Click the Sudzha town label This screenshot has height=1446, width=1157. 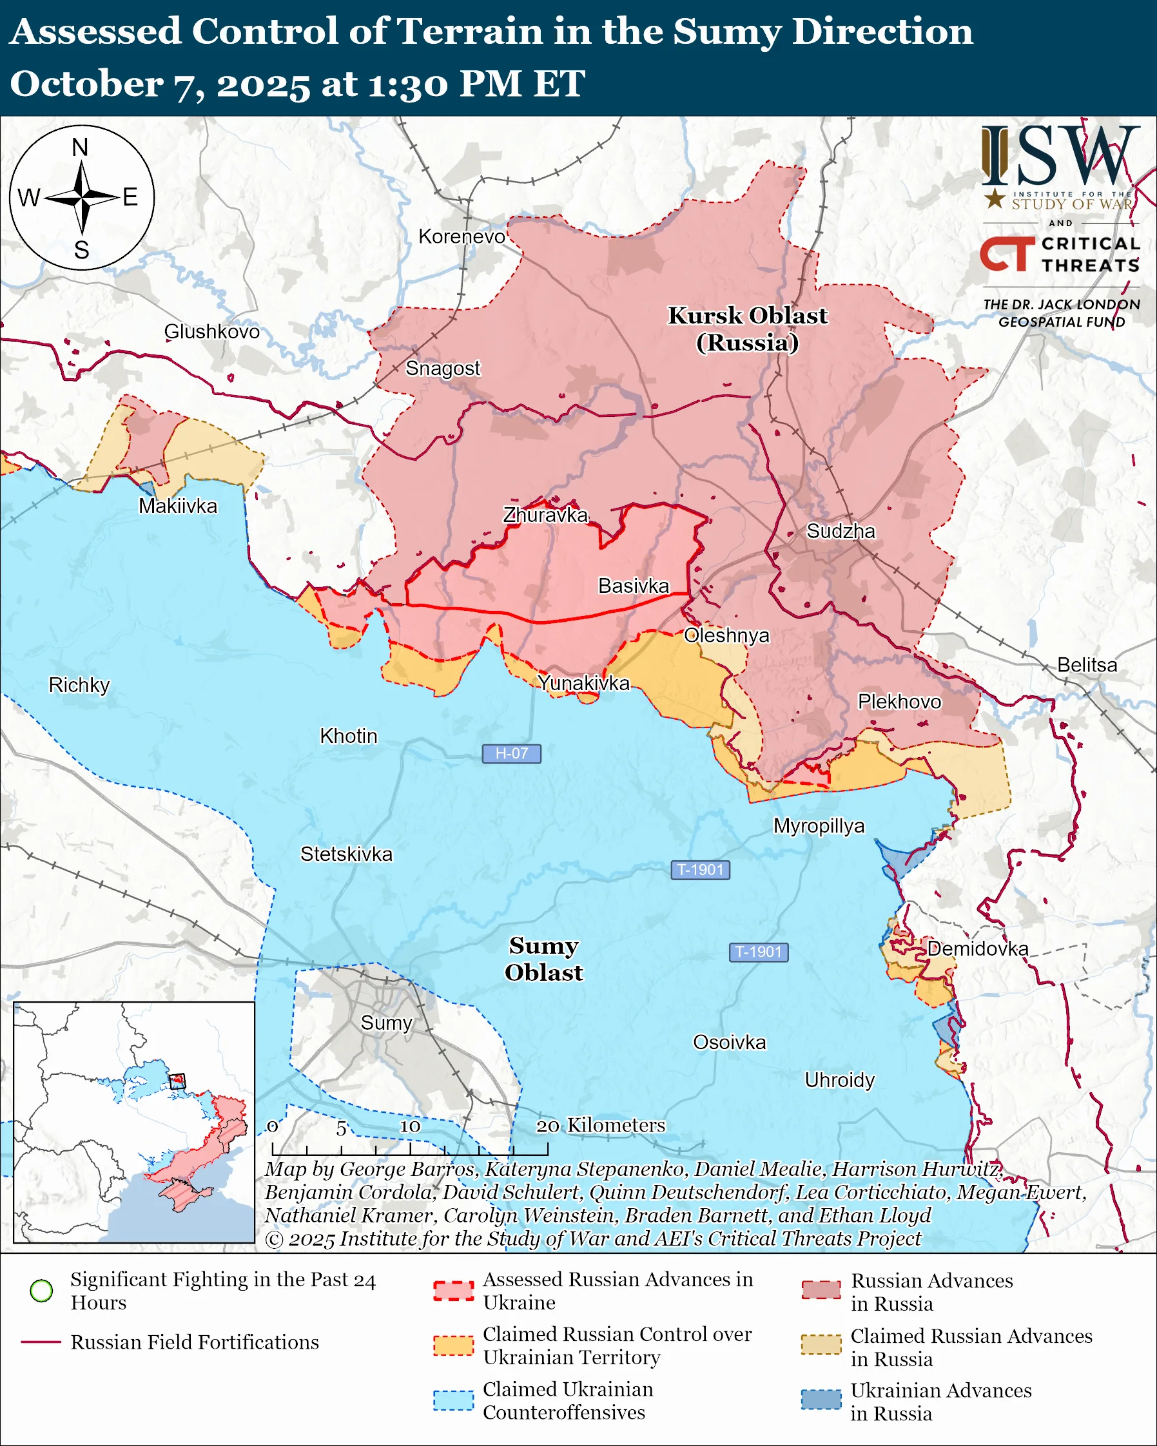point(841,531)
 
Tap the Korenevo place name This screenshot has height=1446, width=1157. point(462,236)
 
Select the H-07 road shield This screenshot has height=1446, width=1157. point(511,753)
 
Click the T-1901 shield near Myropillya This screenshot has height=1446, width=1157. point(699,870)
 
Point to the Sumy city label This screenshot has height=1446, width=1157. point(385,1023)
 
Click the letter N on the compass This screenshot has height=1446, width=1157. point(81,148)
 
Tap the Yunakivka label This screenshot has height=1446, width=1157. point(583,684)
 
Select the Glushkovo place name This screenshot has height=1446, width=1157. point(212,332)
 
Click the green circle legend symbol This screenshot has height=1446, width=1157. point(42,1291)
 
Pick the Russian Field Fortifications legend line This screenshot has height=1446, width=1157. point(42,1342)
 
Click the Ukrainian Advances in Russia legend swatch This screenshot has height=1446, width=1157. point(821,1400)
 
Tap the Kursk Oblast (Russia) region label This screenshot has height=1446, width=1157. point(747,329)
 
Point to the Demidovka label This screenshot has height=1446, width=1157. point(977,949)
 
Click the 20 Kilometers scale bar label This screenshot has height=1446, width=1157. point(600,1125)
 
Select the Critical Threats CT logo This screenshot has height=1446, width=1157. point(1007,254)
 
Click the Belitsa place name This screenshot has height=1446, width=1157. point(1087,665)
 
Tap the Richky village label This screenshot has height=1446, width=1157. point(79,686)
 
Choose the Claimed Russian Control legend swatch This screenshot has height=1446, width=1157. point(453,1345)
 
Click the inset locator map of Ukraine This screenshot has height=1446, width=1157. point(134,1122)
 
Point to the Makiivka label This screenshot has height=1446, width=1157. point(178,506)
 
